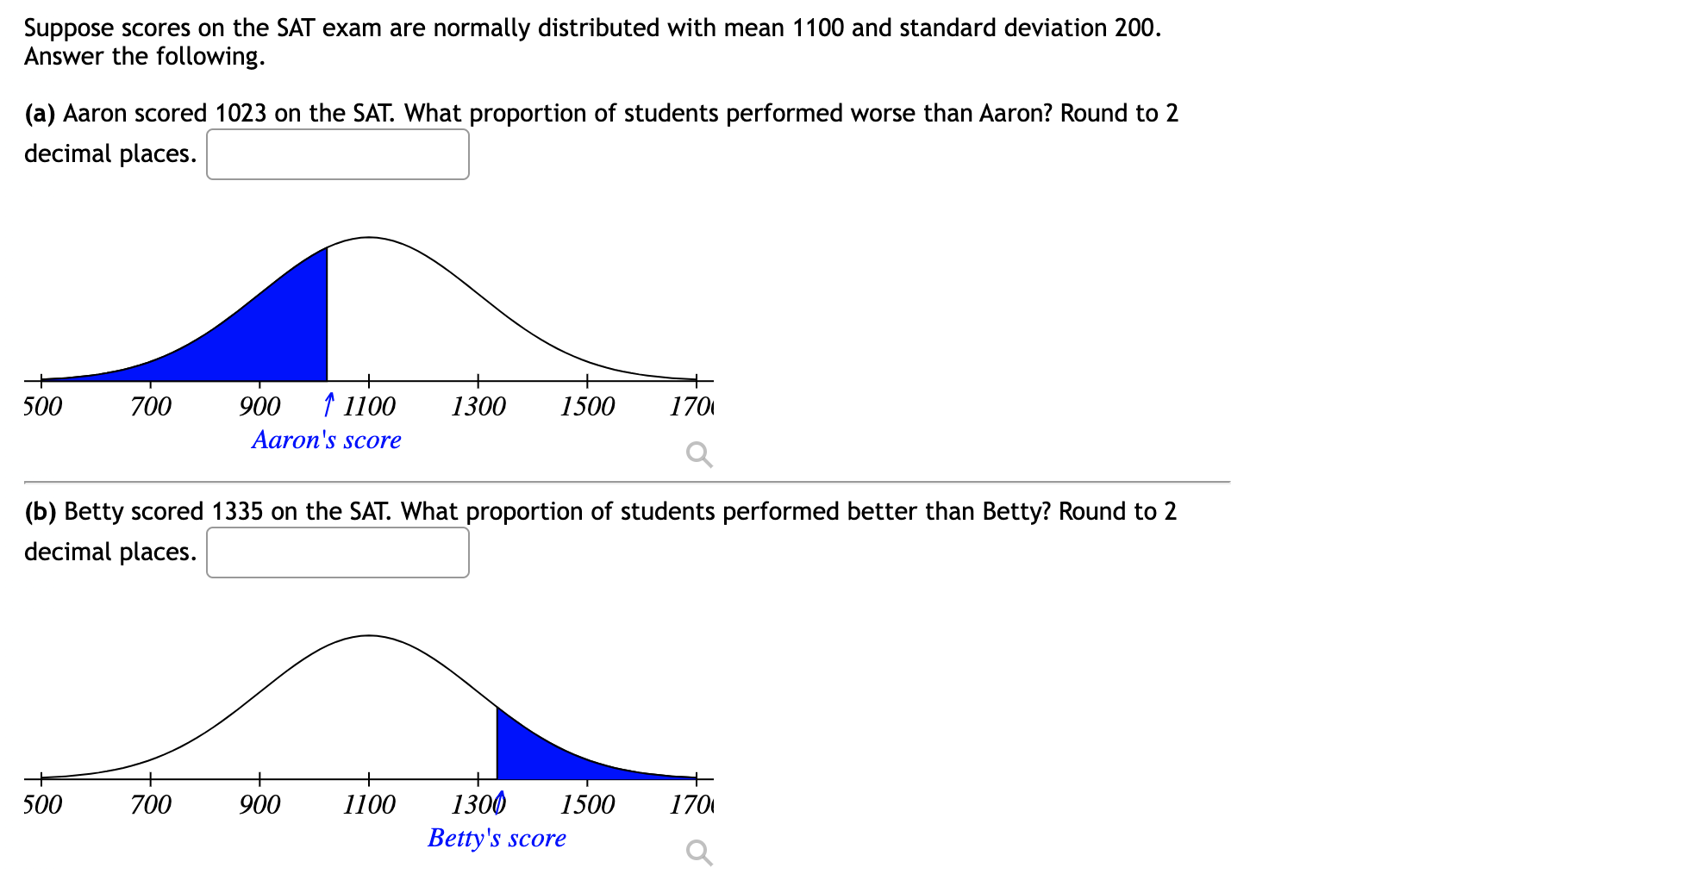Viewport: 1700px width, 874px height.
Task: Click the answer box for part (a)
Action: pos(338,154)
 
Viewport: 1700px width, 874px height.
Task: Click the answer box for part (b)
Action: pos(338,552)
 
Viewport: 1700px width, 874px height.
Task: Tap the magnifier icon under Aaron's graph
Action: pos(699,453)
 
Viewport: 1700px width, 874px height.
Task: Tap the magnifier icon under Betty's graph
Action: pos(699,852)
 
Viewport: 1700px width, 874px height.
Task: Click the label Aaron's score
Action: pos(327,440)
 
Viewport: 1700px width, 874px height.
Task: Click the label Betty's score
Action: pos(497,838)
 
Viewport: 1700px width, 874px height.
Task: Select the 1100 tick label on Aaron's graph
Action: pos(369,406)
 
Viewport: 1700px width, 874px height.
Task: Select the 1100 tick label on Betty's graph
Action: pos(369,804)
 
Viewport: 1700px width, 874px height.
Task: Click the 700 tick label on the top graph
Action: pos(151,406)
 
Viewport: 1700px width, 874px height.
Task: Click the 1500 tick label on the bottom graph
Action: pos(587,804)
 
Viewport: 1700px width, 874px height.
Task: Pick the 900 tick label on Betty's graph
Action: pos(259,804)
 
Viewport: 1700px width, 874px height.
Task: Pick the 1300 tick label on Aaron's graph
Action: pos(478,406)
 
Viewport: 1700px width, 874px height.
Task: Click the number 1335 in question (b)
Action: pos(237,511)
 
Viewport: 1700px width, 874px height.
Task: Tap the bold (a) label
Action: pos(40,113)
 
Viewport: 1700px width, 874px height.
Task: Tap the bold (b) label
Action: pos(40,511)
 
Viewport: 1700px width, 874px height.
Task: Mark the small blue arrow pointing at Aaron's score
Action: pos(328,403)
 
